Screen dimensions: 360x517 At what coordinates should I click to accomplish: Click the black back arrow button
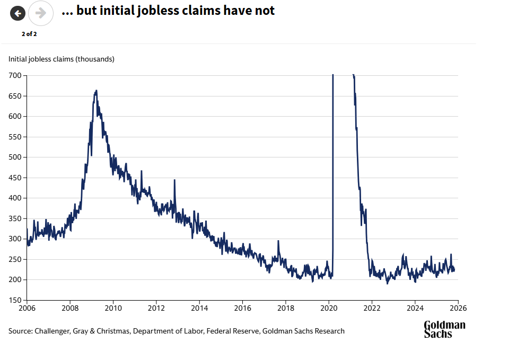pyautogui.click(x=18, y=13)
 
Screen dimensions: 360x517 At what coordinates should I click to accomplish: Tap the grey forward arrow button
pyautogui.click(x=41, y=13)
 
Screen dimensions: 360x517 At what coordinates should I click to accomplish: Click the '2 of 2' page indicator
pyautogui.click(x=29, y=34)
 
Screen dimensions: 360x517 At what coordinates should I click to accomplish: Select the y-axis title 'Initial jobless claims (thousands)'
pyautogui.click(x=61, y=59)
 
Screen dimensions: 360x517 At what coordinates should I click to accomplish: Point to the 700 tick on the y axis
pyautogui.click(x=14, y=76)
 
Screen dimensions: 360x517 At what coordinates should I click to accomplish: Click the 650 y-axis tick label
pyautogui.click(x=14, y=96)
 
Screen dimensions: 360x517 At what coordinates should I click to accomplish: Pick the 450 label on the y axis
pyautogui.click(x=14, y=178)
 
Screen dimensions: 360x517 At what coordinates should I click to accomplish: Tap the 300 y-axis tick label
pyautogui.click(x=14, y=239)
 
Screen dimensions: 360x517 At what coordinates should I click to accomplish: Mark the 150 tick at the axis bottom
pyautogui.click(x=14, y=300)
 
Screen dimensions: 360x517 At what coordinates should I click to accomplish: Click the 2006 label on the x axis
pyautogui.click(x=27, y=308)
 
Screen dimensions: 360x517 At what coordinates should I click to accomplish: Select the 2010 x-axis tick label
pyautogui.click(x=113, y=308)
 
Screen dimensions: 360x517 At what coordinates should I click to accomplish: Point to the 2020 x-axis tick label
pyautogui.click(x=329, y=308)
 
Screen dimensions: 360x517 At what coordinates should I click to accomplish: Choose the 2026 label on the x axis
pyautogui.click(x=458, y=308)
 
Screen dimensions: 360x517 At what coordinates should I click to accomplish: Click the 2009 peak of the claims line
pyautogui.click(x=96, y=91)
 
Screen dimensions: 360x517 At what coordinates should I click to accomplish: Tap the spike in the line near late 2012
pyautogui.click(x=174, y=181)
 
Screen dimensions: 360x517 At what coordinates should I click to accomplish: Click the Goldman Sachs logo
pyautogui.click(x=444, y=329)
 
